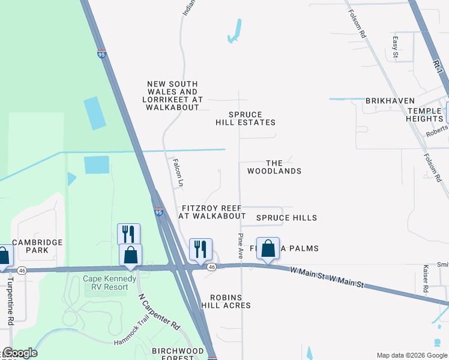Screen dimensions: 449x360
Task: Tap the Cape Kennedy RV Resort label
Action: (106, 283)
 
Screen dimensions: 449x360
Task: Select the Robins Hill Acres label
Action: (226, 301)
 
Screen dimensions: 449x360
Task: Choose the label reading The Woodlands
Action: (274, 167)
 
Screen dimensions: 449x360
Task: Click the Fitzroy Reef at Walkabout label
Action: (212, 212)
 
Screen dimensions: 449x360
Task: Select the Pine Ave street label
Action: (241, 246)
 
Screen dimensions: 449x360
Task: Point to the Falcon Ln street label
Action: (178, 173)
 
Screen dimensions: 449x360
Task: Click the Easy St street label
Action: (396, 47)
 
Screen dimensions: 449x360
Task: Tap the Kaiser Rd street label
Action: (426, 279)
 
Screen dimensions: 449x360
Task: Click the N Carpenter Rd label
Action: (159, 311)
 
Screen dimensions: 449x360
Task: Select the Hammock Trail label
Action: (134, 340)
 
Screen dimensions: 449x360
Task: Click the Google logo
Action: (19, 353)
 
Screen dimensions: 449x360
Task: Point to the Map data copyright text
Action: (412, 355)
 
